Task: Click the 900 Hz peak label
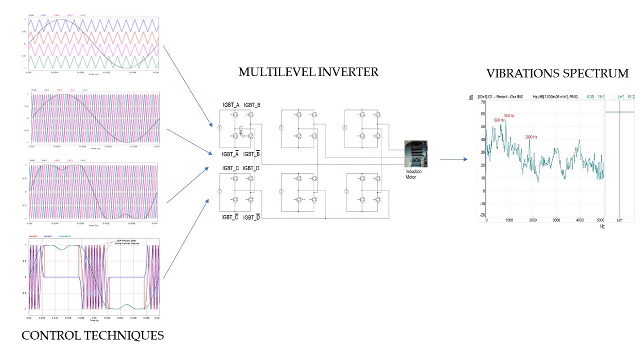(x=509, y=116)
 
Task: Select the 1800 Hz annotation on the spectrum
(x=531, y=137)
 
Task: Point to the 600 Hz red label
(x=500, y=120)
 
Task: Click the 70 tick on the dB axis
(x=483, y=101)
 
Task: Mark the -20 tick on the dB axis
(x=482, y=216)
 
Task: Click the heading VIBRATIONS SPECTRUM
(x=557, y=73)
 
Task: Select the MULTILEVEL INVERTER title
(x=308, y=72)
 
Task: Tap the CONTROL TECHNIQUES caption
(x=92, y=335)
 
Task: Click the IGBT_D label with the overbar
(x=252, y=217)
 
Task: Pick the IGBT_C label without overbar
(x=230, y=168)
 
